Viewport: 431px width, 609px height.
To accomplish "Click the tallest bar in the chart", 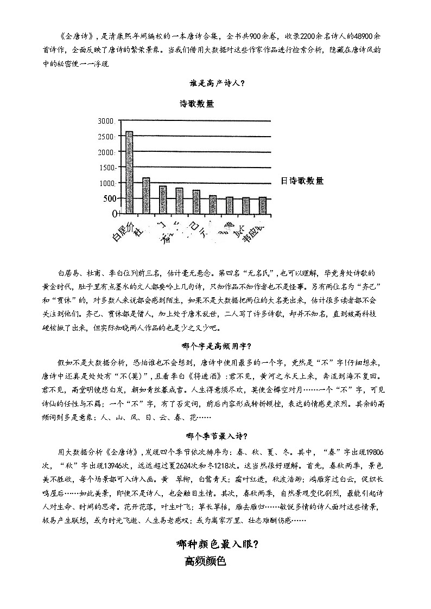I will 129,172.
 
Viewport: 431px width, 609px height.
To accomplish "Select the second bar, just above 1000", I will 146,196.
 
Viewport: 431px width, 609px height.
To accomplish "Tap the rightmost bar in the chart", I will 263,206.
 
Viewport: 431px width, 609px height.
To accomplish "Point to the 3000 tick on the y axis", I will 105,120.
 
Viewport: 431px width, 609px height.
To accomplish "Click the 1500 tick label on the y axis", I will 105,168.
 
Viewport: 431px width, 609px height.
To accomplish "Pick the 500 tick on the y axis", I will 107,198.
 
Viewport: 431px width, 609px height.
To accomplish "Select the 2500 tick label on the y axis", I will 105,136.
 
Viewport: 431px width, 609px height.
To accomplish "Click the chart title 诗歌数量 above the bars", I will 197,104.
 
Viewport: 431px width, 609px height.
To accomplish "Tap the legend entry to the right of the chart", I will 302,181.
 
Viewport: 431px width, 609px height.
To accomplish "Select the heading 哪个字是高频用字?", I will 216,346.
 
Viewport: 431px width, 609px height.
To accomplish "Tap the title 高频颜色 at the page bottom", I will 205,561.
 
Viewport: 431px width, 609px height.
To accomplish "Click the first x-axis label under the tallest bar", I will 122,232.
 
